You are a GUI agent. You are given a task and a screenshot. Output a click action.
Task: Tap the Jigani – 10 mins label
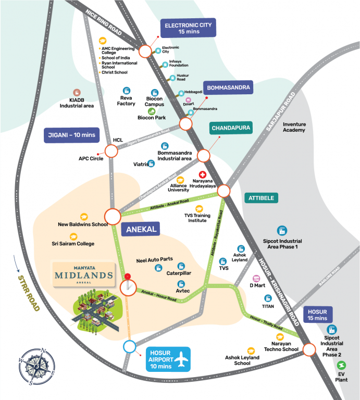coord(70,135)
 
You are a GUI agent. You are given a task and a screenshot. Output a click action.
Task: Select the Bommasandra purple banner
coord(228,87)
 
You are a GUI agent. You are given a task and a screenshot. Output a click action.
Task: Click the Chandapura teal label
coord(231,128)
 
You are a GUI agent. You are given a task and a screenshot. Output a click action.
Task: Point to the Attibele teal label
coord(262,198)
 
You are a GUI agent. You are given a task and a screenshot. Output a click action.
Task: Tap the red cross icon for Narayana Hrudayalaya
coord(203,175)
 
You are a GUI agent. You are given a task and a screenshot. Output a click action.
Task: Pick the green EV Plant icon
coord(341,365)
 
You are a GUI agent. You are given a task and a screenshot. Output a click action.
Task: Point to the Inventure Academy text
coord(294,127)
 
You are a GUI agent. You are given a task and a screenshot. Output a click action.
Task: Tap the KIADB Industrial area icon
coord(76,92)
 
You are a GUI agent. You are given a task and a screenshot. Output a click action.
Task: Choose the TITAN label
coord(268,307)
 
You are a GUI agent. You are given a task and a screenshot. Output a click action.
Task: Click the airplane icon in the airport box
coord(181,358)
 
